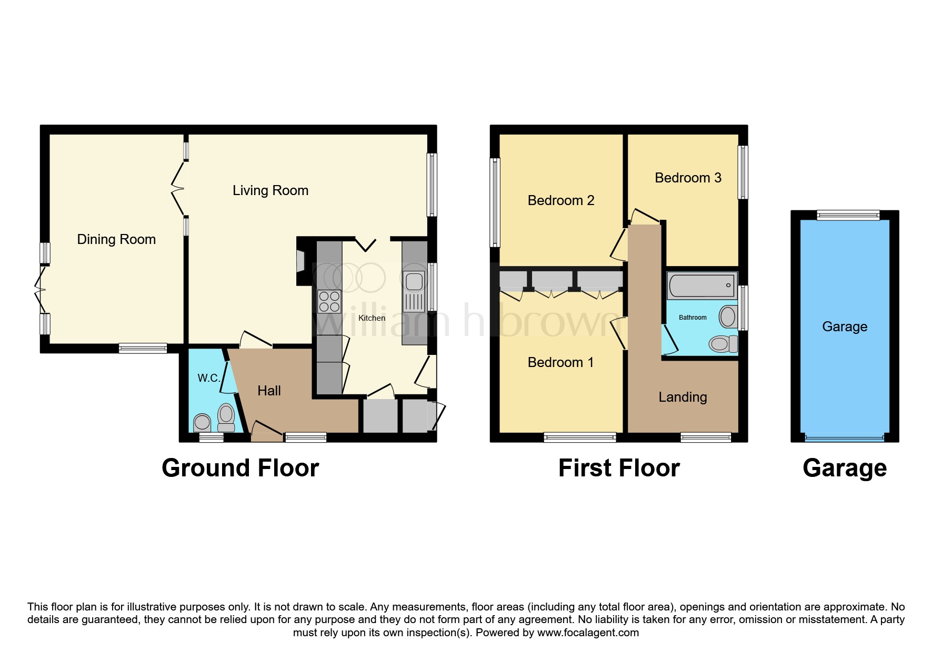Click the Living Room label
pyautogui.click(x=270, y=190)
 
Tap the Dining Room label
pyautogui.click(x=116, y=239)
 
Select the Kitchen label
pyautogui.click(x=372, y=318)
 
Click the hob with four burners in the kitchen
pyautogui.click(x=329, y=302)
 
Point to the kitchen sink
pyautogui.click(x=414, y=292)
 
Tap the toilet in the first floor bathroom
pyautogui.click(x=723, y=344)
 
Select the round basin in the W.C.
pyautogui.click(x=202, y=423)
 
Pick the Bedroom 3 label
pyautogui.click(x=688, y=178)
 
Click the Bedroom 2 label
pyautogui.click(x=561, y=200)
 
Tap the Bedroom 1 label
pyautogui.click(x=560, y=362)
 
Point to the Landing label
pyautogui.click(x=683, y=397)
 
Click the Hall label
pyautogui.click(x=269, y=391)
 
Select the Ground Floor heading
pyautogui.click(x=240, y=467)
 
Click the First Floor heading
pyautogui.click(x=619, y=467)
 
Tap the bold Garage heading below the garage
pyautogui.click(x=845, y=468)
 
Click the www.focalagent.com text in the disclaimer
pyautogui.click(x=588, y=633)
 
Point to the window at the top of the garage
pyautogui.click(x=848, y=215)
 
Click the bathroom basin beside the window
pyautogui.click(x=728, y=317)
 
